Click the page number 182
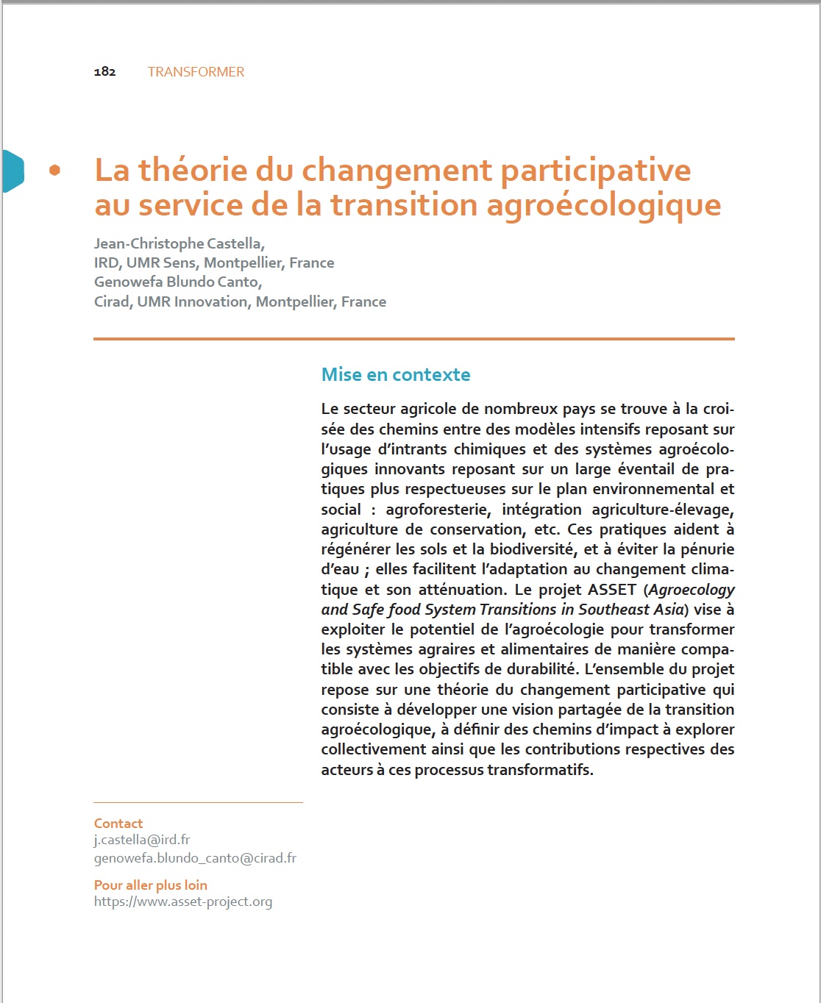coord(104,71)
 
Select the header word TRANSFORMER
coord(196,71)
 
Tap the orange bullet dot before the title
coord(54,171)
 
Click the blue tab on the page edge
coord(13,171)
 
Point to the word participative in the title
coord(595,171)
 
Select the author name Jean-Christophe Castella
coord(179,243)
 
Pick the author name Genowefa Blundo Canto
coord(177,282)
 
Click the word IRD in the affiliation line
coord(106,263)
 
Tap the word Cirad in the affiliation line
coord(112,301)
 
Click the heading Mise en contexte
coord(396,374)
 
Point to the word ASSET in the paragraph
coord(611,590)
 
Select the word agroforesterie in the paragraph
coord(438,510)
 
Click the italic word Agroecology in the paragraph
coord(692,590)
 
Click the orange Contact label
coord(118,824)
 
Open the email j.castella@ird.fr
coord(142,840)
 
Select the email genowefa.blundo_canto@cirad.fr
coord(195,858)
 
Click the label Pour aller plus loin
coord(151,885)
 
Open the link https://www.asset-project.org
coord(183,902)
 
